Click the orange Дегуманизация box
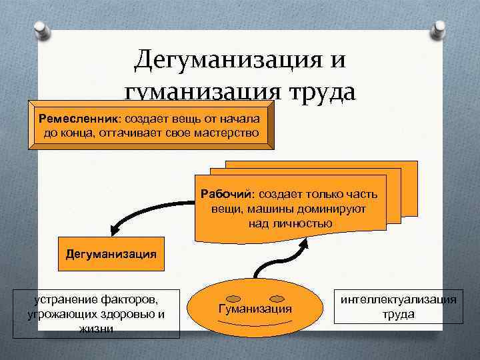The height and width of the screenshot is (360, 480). [111, 254]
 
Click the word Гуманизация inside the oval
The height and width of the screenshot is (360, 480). [255, 309]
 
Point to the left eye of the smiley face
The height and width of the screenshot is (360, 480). [232, 298]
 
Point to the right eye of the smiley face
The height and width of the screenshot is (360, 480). [277, 298]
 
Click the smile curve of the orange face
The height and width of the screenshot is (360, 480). [255, 323]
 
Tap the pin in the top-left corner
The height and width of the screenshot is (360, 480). [41, 29]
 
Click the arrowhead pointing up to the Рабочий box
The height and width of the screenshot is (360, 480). [305, 243]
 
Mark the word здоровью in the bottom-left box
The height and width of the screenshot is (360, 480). [127, 314]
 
